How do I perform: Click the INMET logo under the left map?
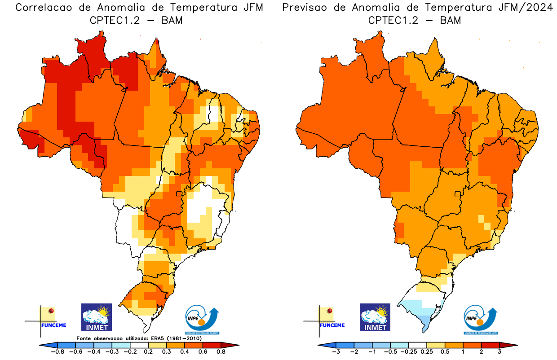[x=97, y=317]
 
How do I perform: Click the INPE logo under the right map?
[x=481, y=320]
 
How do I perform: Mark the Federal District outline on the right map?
[x=459, y=194]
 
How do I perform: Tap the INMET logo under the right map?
[x=376, y=317]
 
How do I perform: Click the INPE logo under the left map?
[x=202, y=320]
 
